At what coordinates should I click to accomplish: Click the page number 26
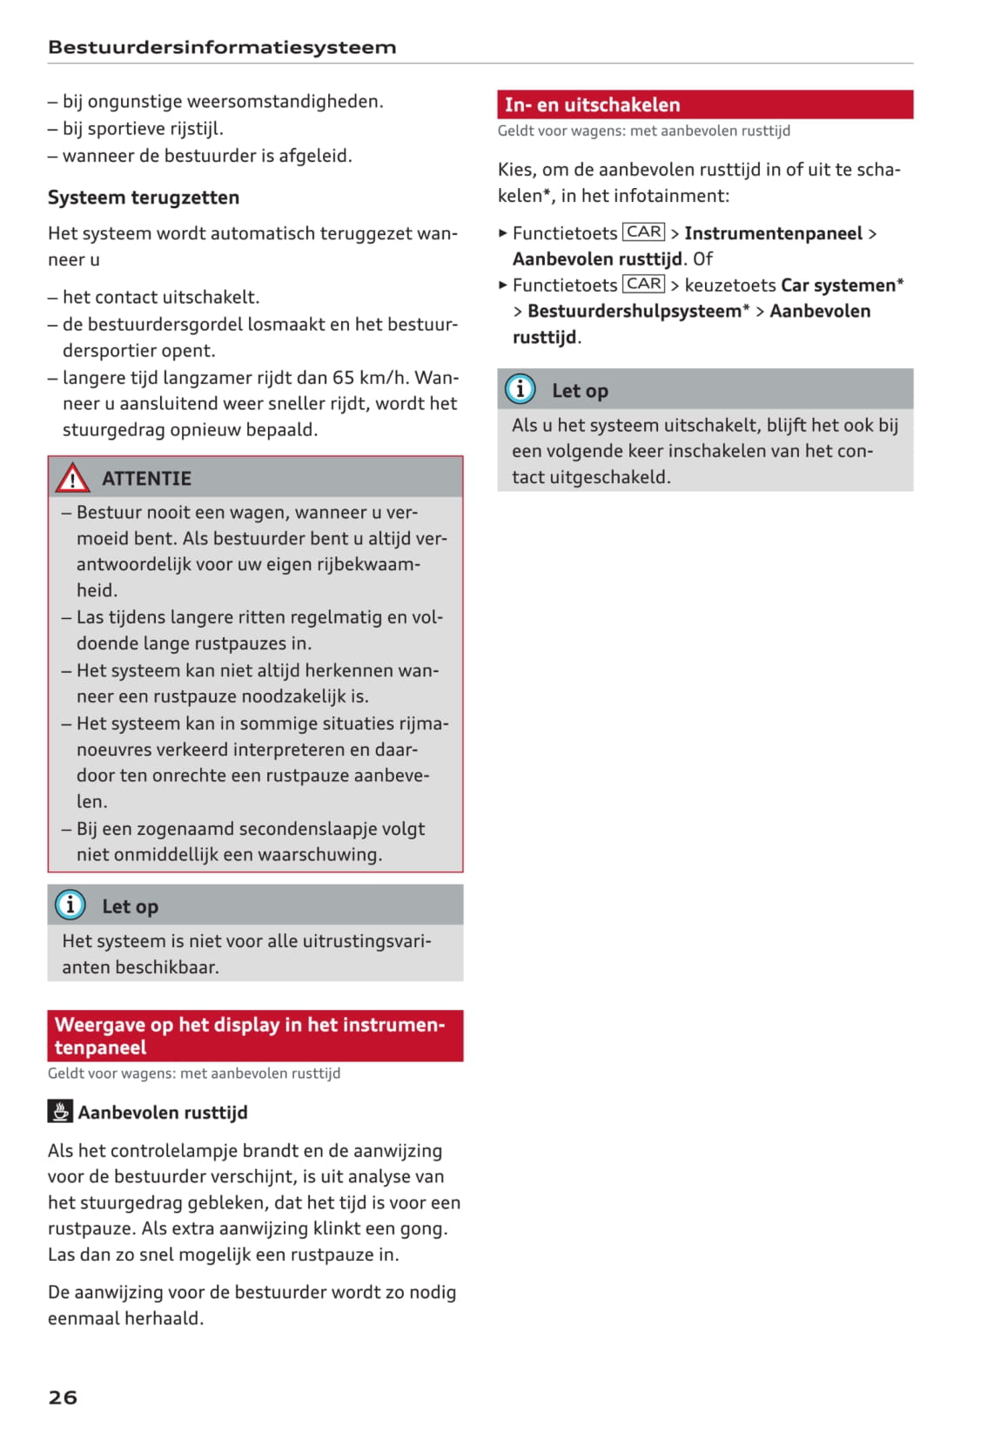coord(63,1396)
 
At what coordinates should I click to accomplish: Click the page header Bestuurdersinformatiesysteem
coord(222,47)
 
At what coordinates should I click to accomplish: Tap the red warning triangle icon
coord(72,478)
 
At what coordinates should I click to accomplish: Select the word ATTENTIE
coord(146,479)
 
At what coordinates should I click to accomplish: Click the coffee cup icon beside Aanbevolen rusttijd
coord(59,1112)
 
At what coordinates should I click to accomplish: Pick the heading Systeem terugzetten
coord(144,198)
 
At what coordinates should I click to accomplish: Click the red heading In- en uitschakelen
coord(592,104)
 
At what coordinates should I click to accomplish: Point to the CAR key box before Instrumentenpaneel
coord(643,232)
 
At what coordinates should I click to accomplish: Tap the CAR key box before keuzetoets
coord(643,285)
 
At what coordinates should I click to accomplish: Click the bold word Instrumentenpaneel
coord(773,233)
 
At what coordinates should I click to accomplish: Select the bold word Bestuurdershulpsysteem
coord(635,311)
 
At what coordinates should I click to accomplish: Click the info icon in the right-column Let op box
coord(521,389)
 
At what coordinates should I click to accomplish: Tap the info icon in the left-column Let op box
coord(71,905)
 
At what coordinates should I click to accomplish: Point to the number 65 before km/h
coord(343,378)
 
